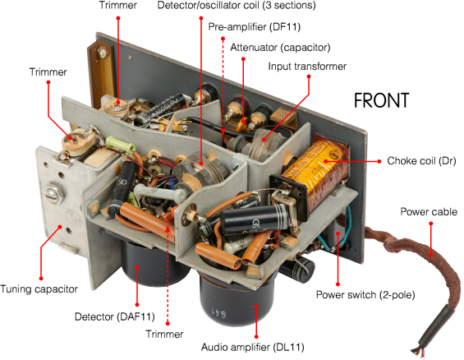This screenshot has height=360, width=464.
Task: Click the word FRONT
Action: pos(381,100)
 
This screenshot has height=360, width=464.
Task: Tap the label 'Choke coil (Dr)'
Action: pos(421,161)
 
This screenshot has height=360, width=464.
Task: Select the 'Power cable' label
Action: pos(429,212)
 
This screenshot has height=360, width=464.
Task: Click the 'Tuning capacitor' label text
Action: pos(39,289)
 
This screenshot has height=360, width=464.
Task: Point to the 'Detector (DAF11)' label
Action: pos(115,316)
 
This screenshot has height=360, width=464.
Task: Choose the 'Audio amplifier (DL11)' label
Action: pos(252,347)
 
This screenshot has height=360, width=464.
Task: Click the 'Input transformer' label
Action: pos(307,67)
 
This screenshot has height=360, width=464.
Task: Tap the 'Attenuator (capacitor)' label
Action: pos(280,48)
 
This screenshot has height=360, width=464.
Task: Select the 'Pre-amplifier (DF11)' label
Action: pos(255,26)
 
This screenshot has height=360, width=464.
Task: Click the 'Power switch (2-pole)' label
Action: pos(365,295)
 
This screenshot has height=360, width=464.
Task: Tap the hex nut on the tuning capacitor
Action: pos(54,193)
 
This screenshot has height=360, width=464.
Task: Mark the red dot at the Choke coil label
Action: pos(379,161)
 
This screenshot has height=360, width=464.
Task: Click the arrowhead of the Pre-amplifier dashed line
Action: pos(223,132)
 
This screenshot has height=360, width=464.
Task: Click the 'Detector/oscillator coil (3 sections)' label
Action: pos(237,5)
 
